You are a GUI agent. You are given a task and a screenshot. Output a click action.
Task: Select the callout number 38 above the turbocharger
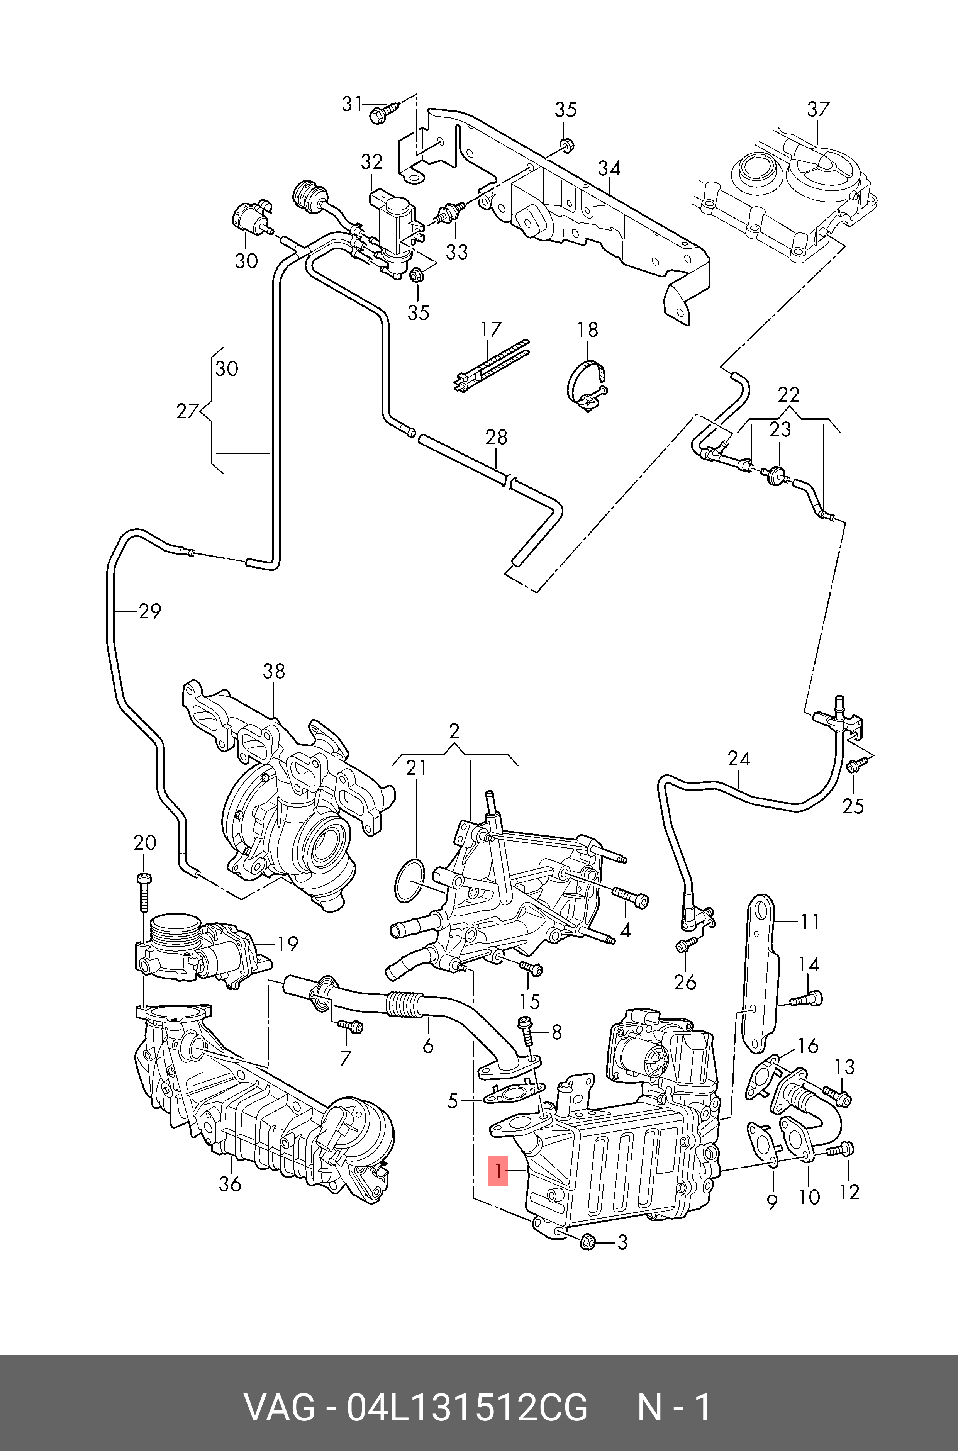[x=274, y=672]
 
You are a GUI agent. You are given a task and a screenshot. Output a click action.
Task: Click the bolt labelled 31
[x=382, y=113]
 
